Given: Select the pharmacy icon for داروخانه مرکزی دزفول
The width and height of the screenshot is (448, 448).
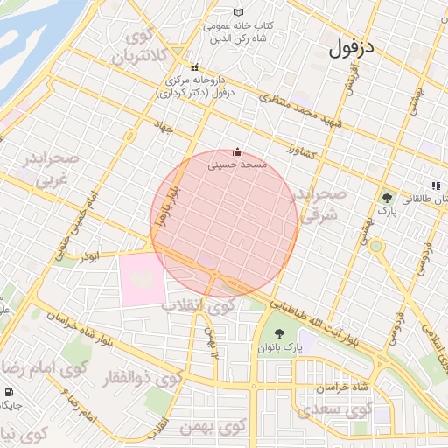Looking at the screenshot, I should click(195, 68).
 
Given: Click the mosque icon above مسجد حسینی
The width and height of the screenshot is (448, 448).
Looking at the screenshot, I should click(237, 151).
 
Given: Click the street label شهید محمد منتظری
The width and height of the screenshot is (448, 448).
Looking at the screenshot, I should click(305, 115).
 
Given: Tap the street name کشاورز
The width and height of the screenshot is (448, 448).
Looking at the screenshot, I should click(304, 150).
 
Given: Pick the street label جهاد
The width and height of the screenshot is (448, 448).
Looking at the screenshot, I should click(164, 127).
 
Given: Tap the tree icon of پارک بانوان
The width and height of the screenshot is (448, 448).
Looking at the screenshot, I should click(279, 333).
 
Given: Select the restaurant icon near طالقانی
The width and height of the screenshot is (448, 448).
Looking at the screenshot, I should click(435, 185).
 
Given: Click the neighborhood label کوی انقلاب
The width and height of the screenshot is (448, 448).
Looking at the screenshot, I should click(199, 306).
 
